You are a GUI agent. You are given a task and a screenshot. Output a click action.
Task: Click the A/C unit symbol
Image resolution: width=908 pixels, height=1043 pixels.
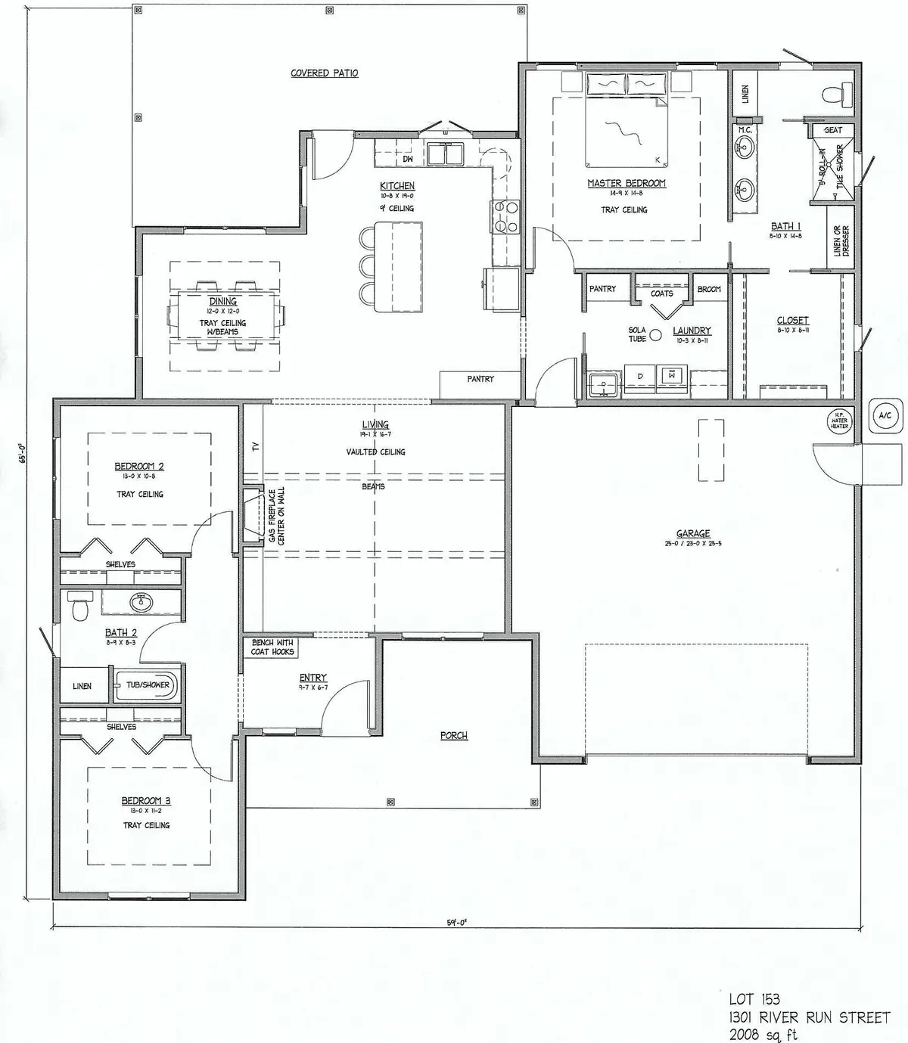click(884, 415)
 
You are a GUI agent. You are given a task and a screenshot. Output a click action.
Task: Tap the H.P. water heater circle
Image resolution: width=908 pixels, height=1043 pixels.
click(839, 421)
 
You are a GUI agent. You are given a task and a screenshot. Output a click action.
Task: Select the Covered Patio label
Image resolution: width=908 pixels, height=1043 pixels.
click(325, 73)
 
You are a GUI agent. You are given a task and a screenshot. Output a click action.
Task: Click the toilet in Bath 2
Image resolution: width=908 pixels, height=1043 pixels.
click(78, 607)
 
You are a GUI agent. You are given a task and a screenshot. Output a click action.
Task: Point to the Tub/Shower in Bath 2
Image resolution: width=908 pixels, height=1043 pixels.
click(147, 685)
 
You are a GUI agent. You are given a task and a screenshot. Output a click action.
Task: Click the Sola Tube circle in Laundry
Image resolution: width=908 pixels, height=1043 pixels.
click(656, 334)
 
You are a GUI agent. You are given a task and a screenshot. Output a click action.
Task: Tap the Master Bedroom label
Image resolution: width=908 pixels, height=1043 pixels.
click(627, 184)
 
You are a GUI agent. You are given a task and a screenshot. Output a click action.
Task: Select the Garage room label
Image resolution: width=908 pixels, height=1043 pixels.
click(693, 533)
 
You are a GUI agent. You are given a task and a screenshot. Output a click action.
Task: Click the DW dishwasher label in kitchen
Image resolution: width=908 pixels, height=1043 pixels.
click(407, 159)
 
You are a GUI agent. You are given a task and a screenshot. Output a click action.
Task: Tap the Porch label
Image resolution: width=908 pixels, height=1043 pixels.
click(454, 735)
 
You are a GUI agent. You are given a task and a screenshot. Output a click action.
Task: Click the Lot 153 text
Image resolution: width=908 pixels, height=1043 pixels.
click(754, 1000)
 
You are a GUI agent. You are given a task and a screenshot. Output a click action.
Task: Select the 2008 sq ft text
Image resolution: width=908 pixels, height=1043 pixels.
click(763, 1034)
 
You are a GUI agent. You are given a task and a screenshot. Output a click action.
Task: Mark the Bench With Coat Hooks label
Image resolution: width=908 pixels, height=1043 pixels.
click(272, 647)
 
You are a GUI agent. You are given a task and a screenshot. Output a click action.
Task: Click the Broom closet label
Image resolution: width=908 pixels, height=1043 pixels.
click(709, 290)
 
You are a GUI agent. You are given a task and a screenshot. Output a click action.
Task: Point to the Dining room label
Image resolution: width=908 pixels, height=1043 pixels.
click(223, 301)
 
